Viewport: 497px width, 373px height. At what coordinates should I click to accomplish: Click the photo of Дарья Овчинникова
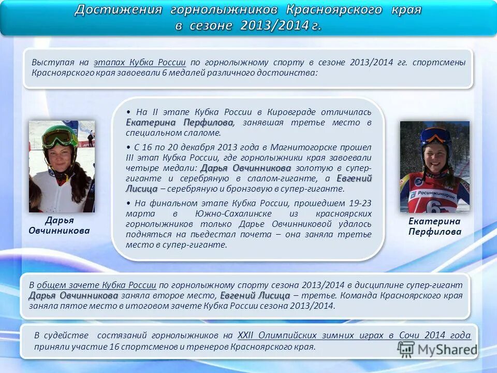pos(62,166)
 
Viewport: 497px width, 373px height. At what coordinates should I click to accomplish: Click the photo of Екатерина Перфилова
pos(434,166)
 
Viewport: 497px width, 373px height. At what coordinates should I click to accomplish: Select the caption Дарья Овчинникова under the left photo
pos(59,225)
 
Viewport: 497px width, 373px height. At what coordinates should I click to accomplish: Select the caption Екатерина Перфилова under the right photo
pos(434,226)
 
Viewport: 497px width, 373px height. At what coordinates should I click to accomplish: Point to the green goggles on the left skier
pos(59,137)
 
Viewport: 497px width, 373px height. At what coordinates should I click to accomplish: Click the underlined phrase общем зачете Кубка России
pos(96,284)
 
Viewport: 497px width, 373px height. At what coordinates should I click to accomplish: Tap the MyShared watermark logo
pos(437,349)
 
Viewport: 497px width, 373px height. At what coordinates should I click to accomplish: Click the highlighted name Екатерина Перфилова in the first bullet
pos(179,123)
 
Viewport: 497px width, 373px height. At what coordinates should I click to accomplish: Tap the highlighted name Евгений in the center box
pos(354,178)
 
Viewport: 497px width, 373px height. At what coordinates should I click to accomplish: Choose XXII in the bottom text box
pos(247,335)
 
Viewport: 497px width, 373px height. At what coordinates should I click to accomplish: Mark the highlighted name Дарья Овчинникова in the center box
pos(245,168)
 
